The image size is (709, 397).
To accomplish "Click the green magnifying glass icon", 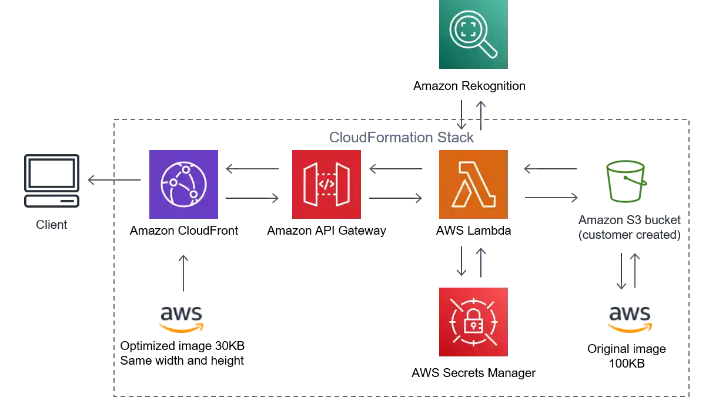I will (473, 35).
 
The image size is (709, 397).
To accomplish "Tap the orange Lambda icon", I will (473, 184).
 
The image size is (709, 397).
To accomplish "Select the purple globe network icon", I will (183, 184).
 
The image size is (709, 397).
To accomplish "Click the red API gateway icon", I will (327, 184).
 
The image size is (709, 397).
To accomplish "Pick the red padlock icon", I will (473, 322).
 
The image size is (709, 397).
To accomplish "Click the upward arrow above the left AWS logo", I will (183, 272).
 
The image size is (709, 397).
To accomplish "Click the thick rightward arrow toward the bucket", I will (550, 198).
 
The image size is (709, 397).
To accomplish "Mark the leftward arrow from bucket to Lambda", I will (550, 168).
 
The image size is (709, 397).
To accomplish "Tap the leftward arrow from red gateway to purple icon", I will (254, 168).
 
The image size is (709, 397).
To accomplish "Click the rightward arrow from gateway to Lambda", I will (394, 200).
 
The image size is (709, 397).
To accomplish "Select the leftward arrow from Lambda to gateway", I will (394, 168).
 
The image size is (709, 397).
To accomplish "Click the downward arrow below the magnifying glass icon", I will (463, 115).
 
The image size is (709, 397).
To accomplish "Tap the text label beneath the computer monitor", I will (52, 225).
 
